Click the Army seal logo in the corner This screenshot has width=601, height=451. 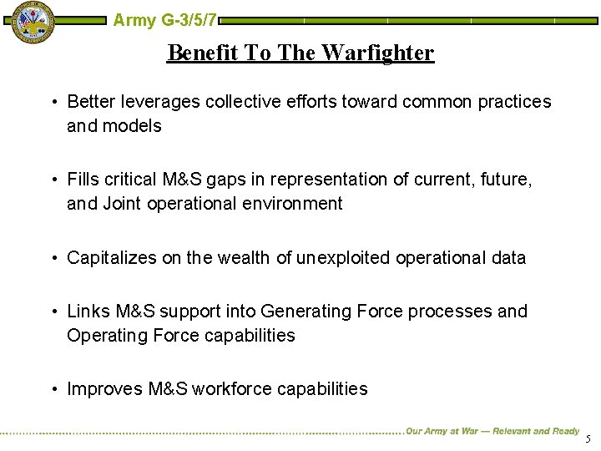29,23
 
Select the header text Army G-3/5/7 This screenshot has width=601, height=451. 165,19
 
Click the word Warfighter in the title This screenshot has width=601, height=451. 377,53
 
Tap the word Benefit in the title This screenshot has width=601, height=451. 203,53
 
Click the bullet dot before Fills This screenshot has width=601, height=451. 53,180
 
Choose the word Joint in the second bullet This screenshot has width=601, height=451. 122,204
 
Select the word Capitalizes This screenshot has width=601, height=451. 112,258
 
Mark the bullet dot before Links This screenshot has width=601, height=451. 53,312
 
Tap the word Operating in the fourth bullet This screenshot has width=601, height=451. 108,336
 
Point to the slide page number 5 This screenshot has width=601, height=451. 588,439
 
